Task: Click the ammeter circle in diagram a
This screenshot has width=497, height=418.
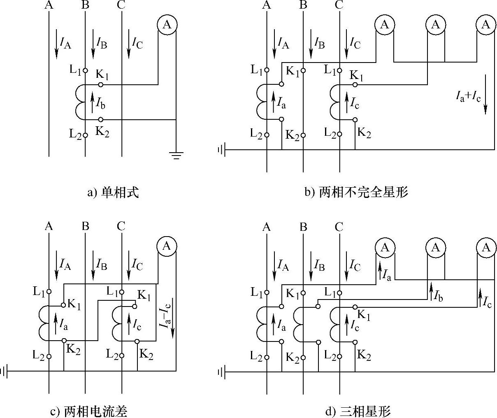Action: coord(167,25)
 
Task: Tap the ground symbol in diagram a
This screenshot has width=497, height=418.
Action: coord(176,155)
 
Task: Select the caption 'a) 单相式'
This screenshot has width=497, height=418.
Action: coord(113,192)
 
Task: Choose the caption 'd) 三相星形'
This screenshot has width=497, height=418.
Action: coord(358,411)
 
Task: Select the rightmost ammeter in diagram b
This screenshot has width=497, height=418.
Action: coord(486,25)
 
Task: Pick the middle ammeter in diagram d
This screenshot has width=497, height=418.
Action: coord(436,247)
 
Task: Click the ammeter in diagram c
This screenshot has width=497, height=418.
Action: coord(167,246)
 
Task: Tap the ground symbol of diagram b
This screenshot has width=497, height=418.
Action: coord(221,150)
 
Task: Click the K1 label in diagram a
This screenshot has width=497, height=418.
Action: coord(102,74)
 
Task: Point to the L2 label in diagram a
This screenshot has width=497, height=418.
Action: coord(75,134)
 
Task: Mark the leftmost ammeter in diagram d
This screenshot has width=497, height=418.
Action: coord(385,247)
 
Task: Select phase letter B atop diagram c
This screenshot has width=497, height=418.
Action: coord(85,226)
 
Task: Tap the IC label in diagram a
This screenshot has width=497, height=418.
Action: coord(137,43)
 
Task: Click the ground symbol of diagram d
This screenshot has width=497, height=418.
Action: coord(221,372)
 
